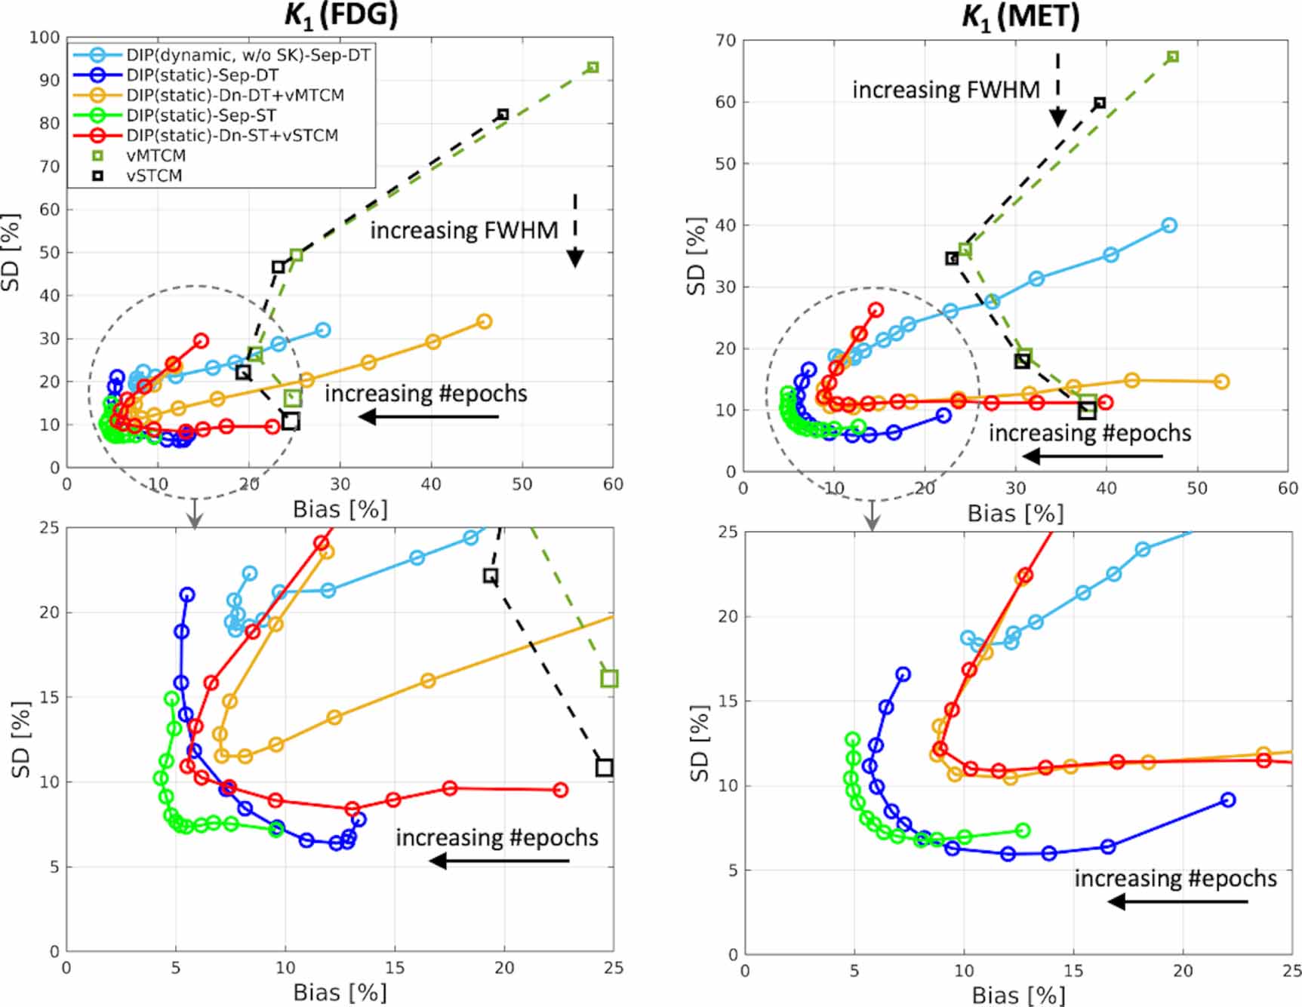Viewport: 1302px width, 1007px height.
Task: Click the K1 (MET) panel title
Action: (1020, 17)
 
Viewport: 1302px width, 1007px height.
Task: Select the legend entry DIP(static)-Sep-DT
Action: (202, 75)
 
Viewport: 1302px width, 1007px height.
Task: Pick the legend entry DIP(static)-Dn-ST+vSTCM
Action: (232, 136)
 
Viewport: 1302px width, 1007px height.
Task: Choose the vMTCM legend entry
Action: (155, 156)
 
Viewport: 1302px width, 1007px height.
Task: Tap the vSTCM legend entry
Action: (154, 176)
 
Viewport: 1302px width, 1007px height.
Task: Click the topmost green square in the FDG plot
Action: (593, 68)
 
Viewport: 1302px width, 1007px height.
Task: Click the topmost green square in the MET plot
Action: (1172, 57)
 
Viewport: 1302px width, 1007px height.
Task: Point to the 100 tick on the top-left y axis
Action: (45, 38)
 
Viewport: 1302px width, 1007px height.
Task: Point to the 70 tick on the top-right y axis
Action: (725, 41)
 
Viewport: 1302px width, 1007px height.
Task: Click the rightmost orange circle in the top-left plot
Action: (485, 322)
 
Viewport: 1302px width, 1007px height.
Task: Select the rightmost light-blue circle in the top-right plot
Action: (1169, 226)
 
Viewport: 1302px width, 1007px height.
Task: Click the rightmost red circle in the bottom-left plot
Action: (560, 790)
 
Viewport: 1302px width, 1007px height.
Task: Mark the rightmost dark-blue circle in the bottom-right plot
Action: (1228, 800)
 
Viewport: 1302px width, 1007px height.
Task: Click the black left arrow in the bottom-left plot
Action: (498, 861)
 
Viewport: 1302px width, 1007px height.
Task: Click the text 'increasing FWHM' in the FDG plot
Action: (463, 231)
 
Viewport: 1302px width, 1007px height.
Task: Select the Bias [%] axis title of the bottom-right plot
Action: (1017, 995)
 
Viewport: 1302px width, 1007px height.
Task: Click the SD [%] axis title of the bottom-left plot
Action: (22, 739)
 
